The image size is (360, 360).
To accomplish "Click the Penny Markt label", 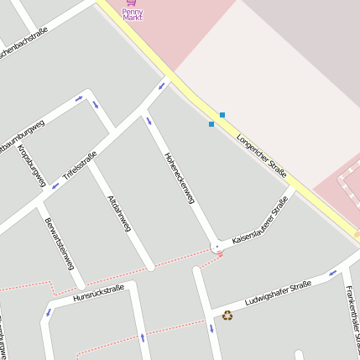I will click(x=133, y=14).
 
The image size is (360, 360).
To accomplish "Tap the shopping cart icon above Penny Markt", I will click(x=130, y=3).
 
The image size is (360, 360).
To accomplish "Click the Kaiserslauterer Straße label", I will click(x=260, y=221).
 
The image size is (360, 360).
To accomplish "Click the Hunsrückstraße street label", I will click(x=98, y=294).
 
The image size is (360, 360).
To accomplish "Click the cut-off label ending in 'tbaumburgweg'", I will click(x=22, y=133).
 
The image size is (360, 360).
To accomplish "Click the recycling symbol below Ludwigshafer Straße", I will click(x=227, y=316).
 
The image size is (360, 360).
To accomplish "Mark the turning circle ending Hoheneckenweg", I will click(x=217, y=245).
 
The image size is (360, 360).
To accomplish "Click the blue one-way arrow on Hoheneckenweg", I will click(x=149, y=119).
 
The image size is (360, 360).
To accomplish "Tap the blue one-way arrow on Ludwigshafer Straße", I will click(x=332, y=272).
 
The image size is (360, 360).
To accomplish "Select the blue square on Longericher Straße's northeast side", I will click(x=222, y=114).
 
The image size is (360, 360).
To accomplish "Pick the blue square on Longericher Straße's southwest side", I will click(x=211, y=124).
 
